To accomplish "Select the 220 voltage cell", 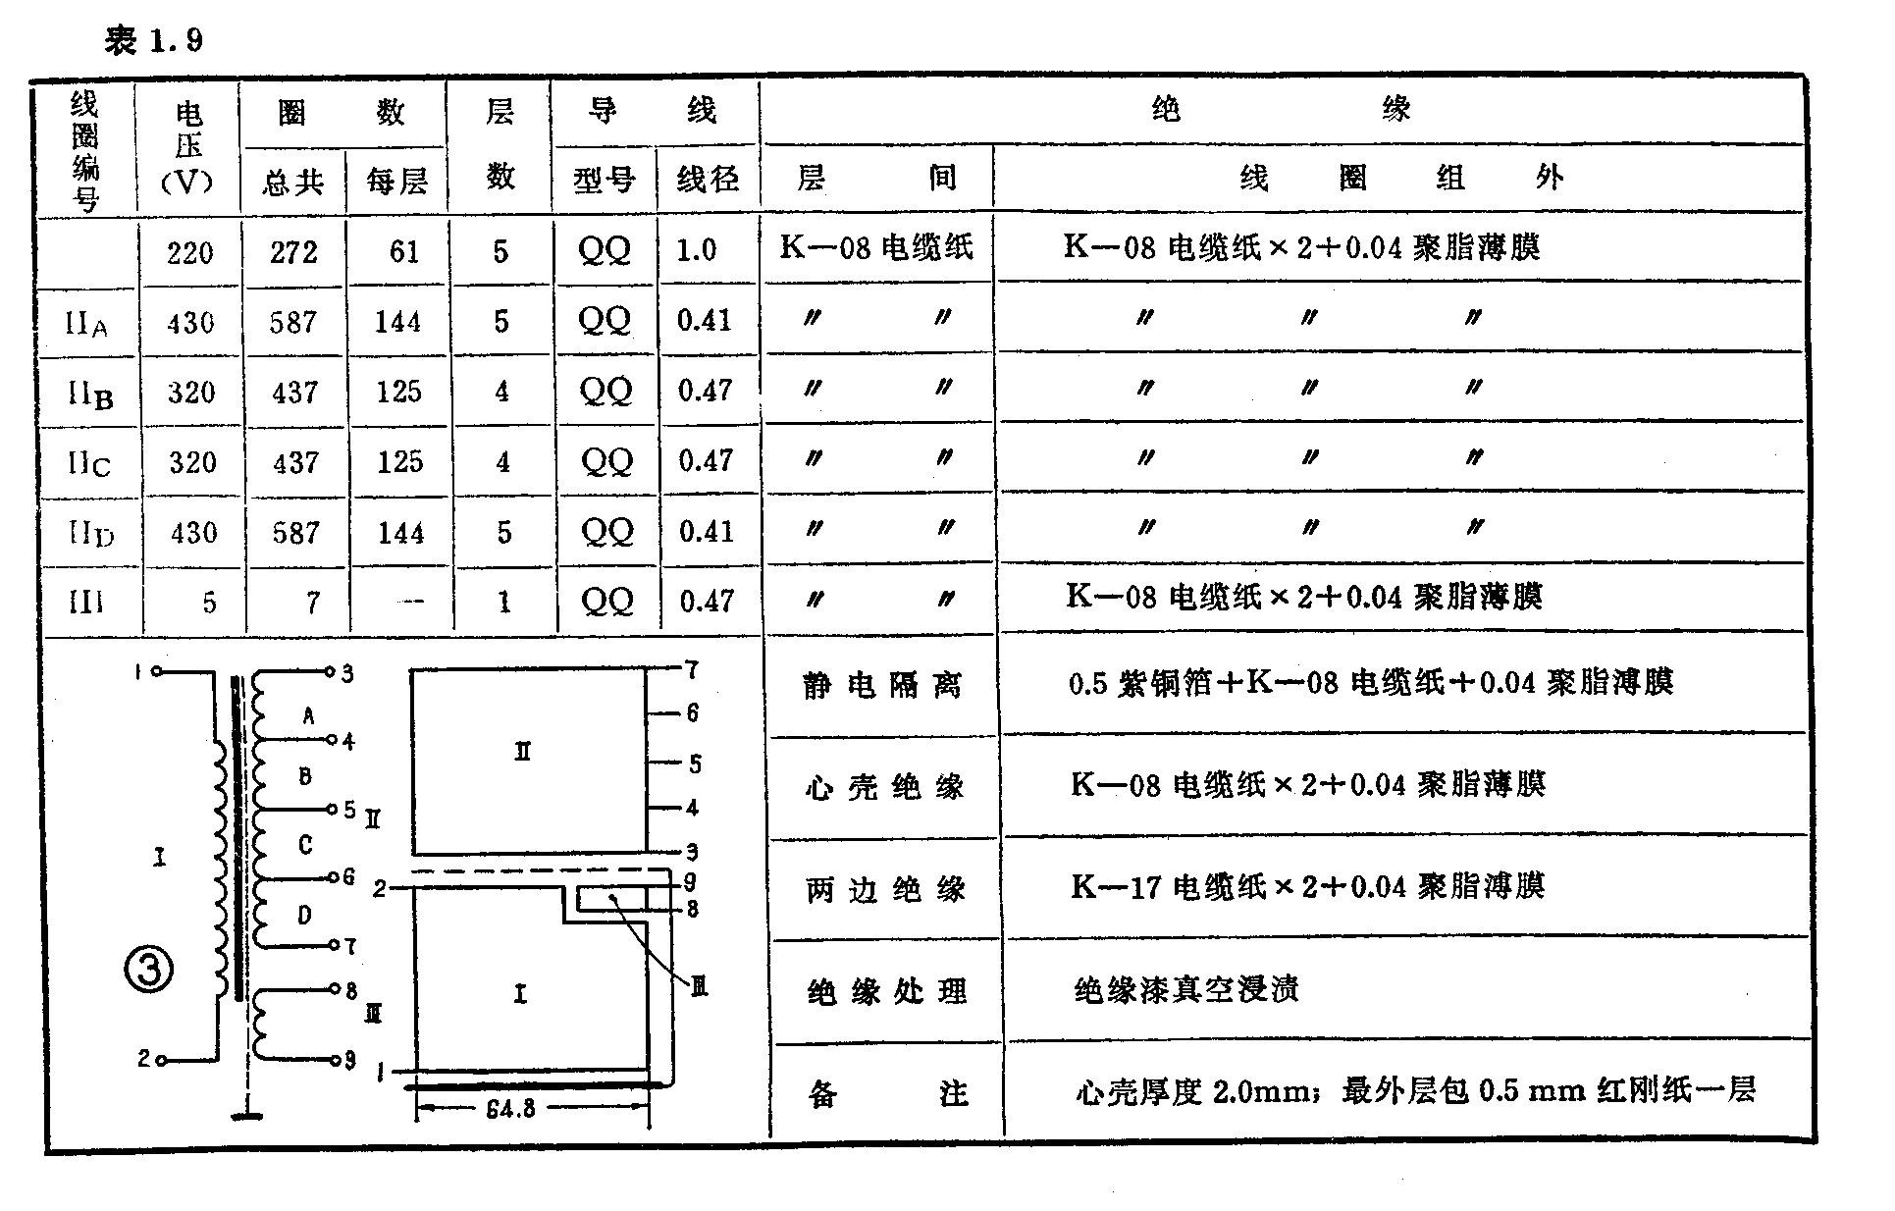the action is [189, 253].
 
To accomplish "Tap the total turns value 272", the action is [294, 253].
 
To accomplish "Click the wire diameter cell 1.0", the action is [697, 250].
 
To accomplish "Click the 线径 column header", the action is [708, 180].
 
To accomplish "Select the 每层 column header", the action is [397, 182].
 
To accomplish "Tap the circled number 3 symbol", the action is [149, 970].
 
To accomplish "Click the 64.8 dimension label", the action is [510, 1109].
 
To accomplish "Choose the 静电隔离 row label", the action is [882, 685].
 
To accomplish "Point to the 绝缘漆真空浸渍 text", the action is [1186, 989].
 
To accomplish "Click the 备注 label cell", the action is [887, 1093].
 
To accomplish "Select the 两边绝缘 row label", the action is [885, 889].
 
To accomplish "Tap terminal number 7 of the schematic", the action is [349, 946].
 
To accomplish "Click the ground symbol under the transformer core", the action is [245, 1114].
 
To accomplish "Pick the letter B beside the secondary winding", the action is [305, 776].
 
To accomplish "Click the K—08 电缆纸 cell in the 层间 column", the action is [876, 247].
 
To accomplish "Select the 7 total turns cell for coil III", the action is [312, 602].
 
